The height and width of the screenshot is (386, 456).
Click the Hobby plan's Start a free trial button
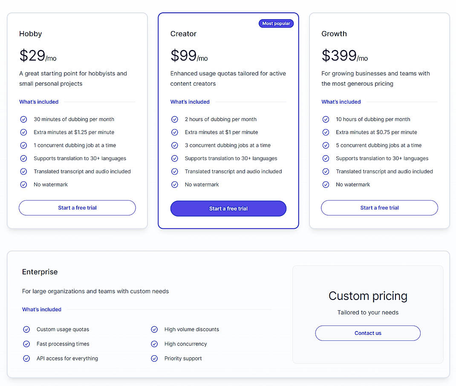click(x=77, y=208)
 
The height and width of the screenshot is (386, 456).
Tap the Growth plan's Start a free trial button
click(x=379, y=208)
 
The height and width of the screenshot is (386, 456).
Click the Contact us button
click(x=368, y=333)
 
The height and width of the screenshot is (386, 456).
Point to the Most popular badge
click(x=276, y=23)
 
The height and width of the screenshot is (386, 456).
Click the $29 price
click(x=32, y=55)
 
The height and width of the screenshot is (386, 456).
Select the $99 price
click(x=184, y=55)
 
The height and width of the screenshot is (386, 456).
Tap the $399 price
click(x=339, y=55)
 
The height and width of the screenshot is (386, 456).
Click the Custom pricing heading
click(x=368, y=296)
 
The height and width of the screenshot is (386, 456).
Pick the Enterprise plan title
click(x=40, y=272)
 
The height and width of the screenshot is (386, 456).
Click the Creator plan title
click(x=183, y=34)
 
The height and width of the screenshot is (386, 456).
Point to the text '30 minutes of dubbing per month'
click(x=74, y=119)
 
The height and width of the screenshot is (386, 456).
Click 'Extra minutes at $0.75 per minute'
click(x=376, y=133)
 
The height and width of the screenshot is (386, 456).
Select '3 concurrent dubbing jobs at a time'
click(x=228, y=145)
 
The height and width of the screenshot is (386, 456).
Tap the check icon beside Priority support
click(x=154, y=358)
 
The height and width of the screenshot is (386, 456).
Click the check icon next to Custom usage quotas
click(x=26, y=329)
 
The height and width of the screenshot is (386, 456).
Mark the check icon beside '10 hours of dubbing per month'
click(x=326, y=119)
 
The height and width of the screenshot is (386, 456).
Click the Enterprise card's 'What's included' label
click(x=42, y=309)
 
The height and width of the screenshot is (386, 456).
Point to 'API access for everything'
click(x=67, y=358)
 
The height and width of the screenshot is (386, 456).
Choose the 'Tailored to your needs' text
click(x=368, y=312)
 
